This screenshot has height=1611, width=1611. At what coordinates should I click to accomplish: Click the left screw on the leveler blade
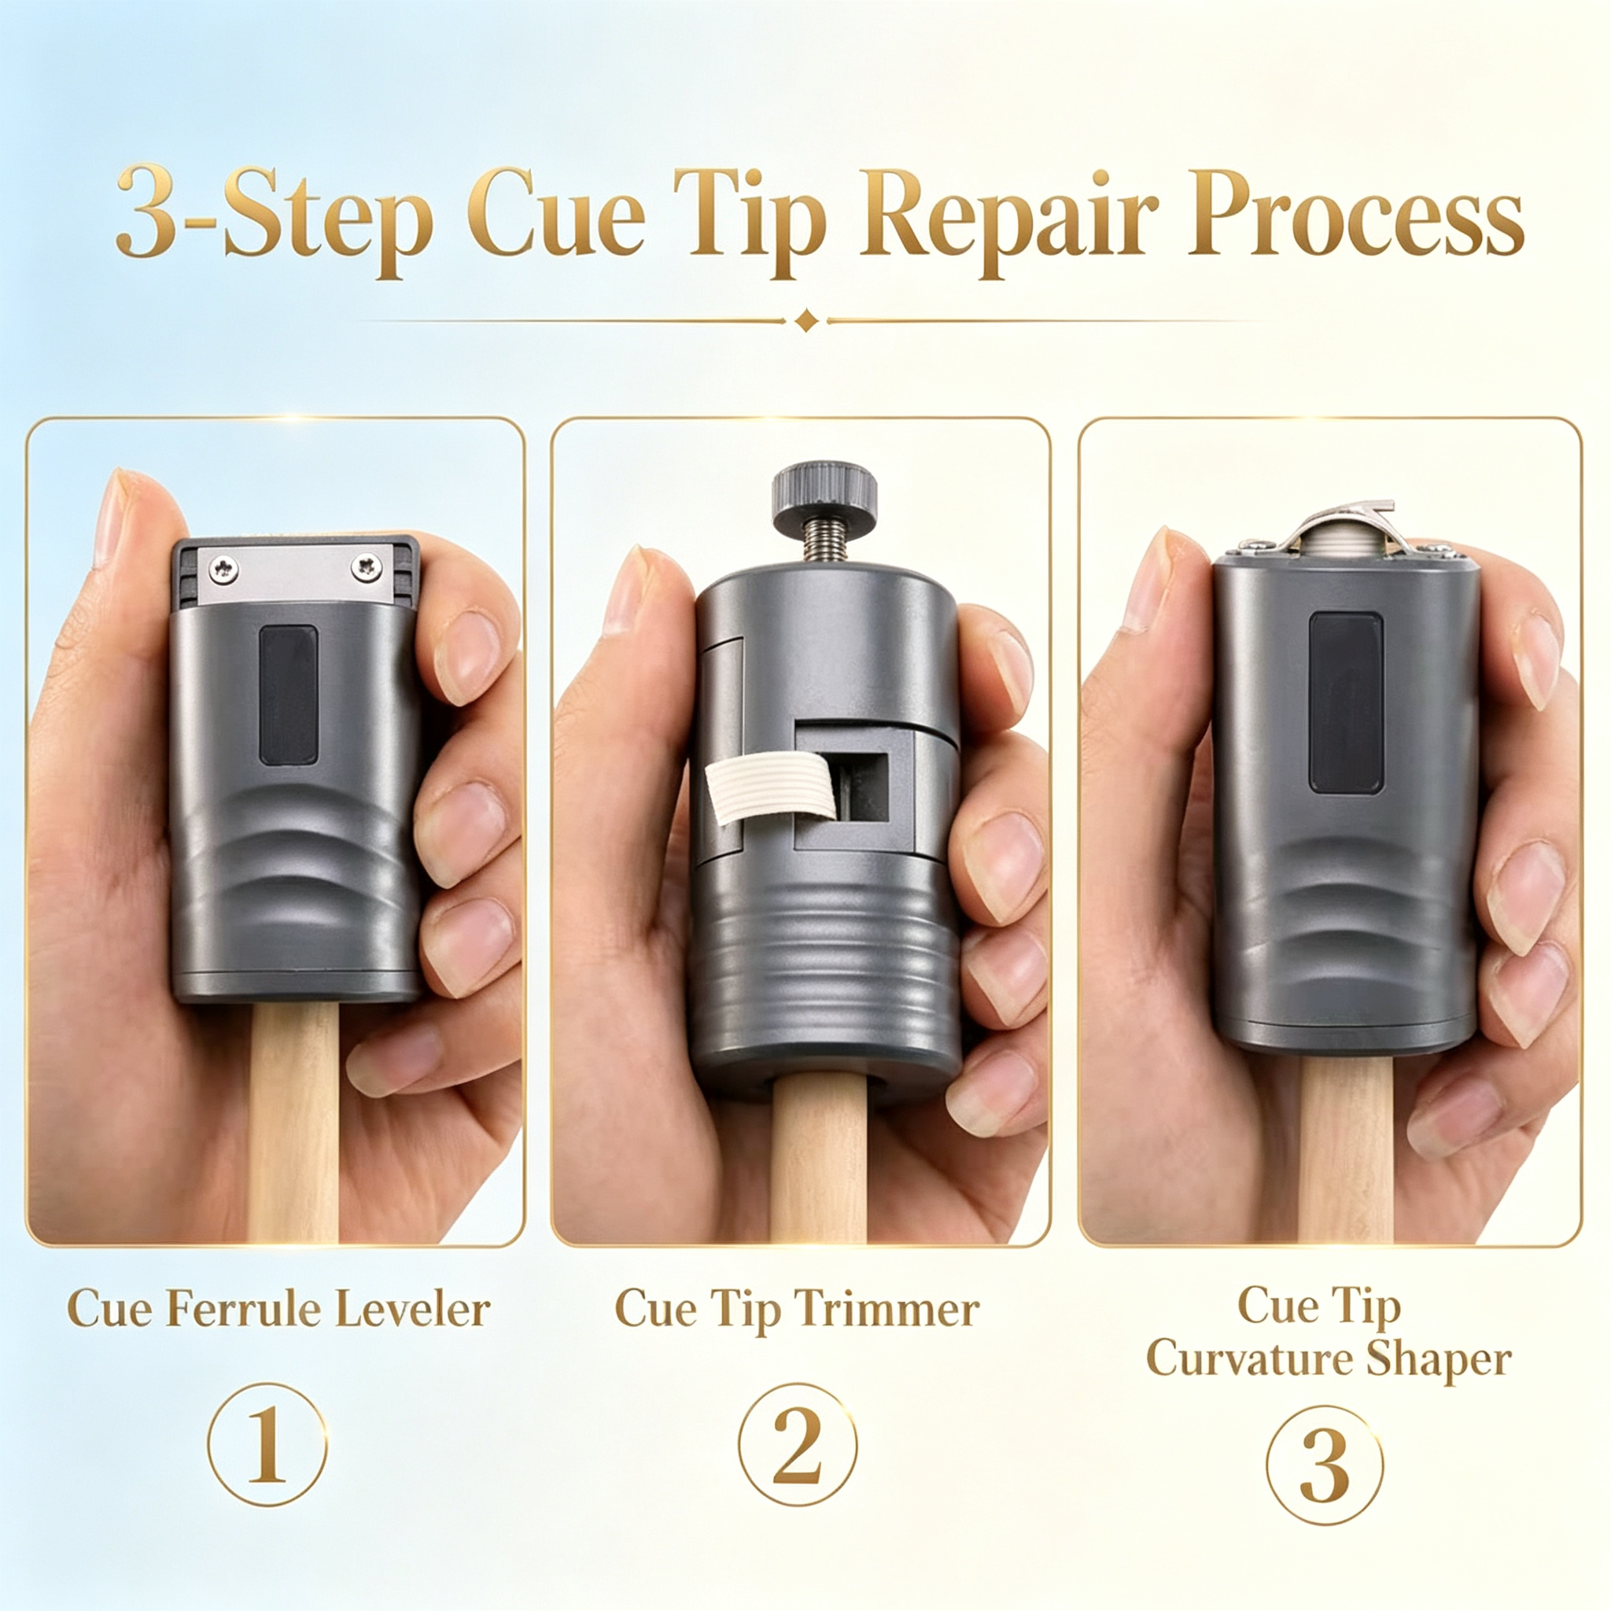click(x=223, y=570)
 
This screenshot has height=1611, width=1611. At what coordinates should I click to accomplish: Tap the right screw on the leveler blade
click(x=366, y=568)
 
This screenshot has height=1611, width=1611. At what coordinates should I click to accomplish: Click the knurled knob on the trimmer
click(x=824, y=499)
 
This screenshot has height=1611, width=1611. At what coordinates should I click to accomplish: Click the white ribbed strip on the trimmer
click(x=769, y=787)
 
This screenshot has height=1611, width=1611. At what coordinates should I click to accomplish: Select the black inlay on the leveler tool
click(x=289, y=695)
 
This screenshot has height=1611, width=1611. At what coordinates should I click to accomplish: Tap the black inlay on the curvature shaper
click(x=1346, y=702)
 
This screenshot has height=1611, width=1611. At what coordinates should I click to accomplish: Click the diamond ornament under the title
click(x=806, y=320)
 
